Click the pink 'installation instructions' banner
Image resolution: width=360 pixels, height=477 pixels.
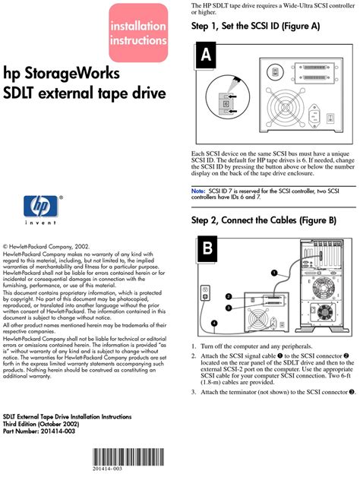click(137, 33)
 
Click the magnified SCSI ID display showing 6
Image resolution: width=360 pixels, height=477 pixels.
click(226, 100)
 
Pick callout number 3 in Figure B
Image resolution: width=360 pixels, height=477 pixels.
click(228, 308)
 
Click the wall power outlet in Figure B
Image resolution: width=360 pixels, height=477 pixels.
click(204, 291)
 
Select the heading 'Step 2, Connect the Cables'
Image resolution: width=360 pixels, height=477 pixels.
click(263, 220)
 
